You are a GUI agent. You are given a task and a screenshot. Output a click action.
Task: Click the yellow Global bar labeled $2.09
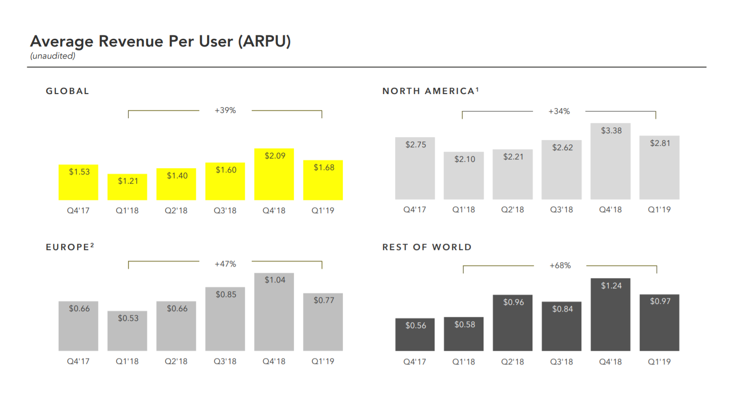tap(274, 174)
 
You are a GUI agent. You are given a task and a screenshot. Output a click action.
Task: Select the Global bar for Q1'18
tap(128, 187)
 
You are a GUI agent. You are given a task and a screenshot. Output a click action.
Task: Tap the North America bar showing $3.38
tap(610, 161)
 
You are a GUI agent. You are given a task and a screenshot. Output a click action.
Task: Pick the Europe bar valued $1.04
tap(274, 312)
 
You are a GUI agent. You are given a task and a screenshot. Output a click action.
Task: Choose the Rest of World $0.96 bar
tap(513, 323)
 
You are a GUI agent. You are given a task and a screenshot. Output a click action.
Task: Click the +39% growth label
tap(225, 110)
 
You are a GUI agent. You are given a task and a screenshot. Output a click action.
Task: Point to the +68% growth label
tap(560, 266)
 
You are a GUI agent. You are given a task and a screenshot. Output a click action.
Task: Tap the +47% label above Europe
tap(225, 264)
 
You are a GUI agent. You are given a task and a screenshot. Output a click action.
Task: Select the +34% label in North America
tap(559, 111)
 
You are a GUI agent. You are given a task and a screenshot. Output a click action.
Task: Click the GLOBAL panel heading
tap(67, 91)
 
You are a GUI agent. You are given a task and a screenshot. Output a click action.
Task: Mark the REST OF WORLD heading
tap(427, 247)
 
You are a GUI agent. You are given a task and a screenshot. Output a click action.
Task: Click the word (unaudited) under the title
tap(53, 56)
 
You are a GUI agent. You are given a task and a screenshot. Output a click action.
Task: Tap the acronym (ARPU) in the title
tap(264, 42)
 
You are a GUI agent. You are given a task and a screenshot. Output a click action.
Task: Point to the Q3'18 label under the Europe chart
tap(225, 361)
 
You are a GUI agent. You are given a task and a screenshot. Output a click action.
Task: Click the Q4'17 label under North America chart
tap(415, 210)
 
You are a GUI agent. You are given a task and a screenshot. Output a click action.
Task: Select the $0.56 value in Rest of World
tap(416, 326)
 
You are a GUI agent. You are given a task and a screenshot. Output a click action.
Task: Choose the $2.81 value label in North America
tap(660, 143)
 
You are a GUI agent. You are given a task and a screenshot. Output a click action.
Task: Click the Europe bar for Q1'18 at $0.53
tap(128, 331)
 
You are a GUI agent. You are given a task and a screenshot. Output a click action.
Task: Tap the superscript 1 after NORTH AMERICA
tap(477, 89)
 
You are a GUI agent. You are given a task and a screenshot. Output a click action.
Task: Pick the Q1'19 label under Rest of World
tap(659, 362)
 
